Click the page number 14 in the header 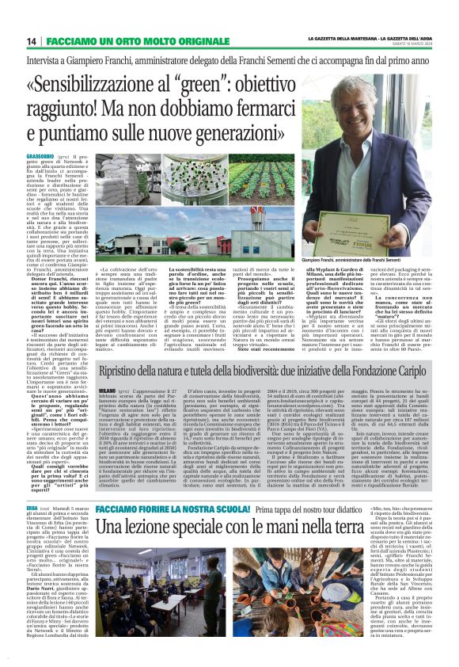[32, 41]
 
